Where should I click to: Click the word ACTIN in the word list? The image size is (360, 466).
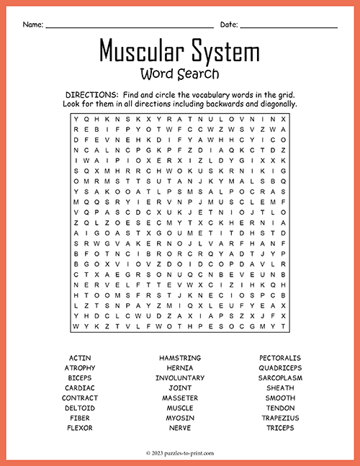pyautogui.click(x=80, y=358)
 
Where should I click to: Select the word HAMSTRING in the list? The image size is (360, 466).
pyautogui.click(x=179, y=358)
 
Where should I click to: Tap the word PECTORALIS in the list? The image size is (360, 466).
pyautogui.click(x=280, y=358)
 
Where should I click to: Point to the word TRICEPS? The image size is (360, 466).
pyautogui.click(x=280, y=428)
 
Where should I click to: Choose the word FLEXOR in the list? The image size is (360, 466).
pyautogui.click(x=80, y=428)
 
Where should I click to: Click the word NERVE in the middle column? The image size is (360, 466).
pyautogui.click(x=179, y=428)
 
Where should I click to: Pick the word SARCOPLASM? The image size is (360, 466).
pyautogui.click(x=280, y=378)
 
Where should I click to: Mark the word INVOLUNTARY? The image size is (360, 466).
pyautogui.click(x=179, y=378)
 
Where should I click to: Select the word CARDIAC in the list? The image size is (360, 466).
pyautogui.click(x=80, y=388)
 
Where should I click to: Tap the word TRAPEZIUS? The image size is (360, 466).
pyautogui.click(x=280, y=418)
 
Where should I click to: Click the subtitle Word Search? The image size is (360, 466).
pyautogui.click(x=180, y=73)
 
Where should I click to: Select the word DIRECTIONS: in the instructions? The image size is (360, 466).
pyautogui.click(x=91, y=95)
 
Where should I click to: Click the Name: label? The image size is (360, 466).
pyautogui.click(x=32, y=24)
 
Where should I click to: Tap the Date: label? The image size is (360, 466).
pyautogui.click(x=229, y=24)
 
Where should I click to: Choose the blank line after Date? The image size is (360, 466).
pyautogui.click(x=289, y=27)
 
